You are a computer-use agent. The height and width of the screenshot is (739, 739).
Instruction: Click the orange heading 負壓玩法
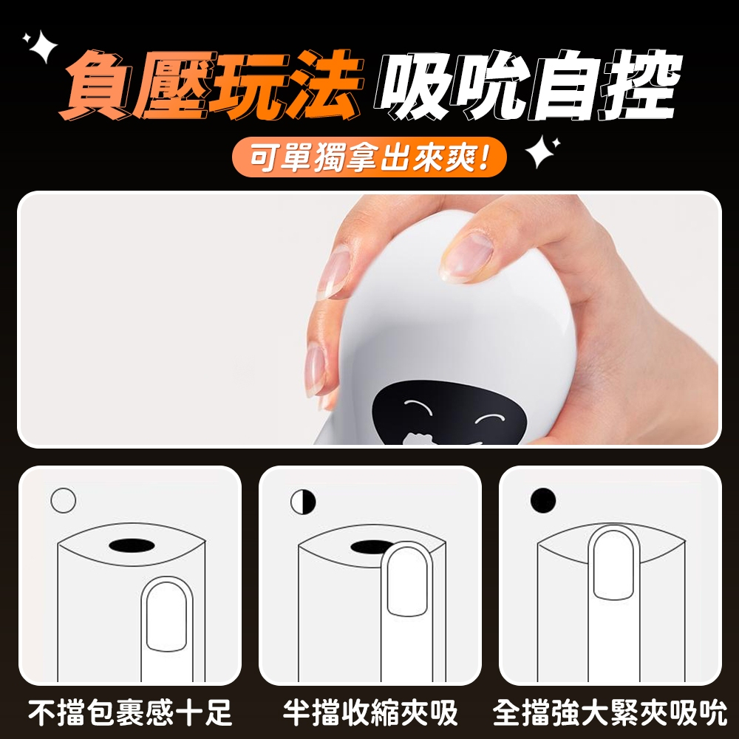pyautogui.click(x=211, y=85)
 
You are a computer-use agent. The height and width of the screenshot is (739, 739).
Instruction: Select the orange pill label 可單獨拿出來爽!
pyautogui.click(x=369, y=157)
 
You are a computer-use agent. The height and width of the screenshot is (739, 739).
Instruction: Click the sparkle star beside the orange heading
pyautogui.click(x=41, y=46)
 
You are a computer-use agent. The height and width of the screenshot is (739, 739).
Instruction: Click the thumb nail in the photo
pyautogui.click(x=466, y=257)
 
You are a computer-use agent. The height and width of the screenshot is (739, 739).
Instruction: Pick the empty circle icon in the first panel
pyautogui.click(x=63, y=500)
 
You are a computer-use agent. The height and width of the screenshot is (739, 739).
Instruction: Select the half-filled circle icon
pyautogui.click(x=303, y=502)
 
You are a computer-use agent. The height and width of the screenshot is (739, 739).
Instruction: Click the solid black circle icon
pyautogui.click(x=543, y=500)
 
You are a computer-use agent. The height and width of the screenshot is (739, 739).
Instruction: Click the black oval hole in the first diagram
pyautogui.click(x=132, y=546)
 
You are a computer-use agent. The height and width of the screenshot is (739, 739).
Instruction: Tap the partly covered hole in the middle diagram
pyautogui.click(x=367, y=547)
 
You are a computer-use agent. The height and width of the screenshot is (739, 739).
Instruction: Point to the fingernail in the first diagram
pyautogui.click(x=166, y=616)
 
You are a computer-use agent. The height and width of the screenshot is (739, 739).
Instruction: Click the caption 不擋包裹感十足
pyautogui.click(x=130, y=713)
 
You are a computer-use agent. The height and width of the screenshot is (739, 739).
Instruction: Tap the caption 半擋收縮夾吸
pyautogui.click(x=370, y=713)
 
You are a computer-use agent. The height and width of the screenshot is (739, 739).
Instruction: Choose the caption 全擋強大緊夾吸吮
pyautogui.click(x=610, y=713)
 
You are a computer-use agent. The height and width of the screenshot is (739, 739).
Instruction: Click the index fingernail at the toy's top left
pyautogui.click(x=334, y=273)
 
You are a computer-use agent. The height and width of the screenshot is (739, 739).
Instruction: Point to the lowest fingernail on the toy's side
pyautogui.click(x=315, y=372)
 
